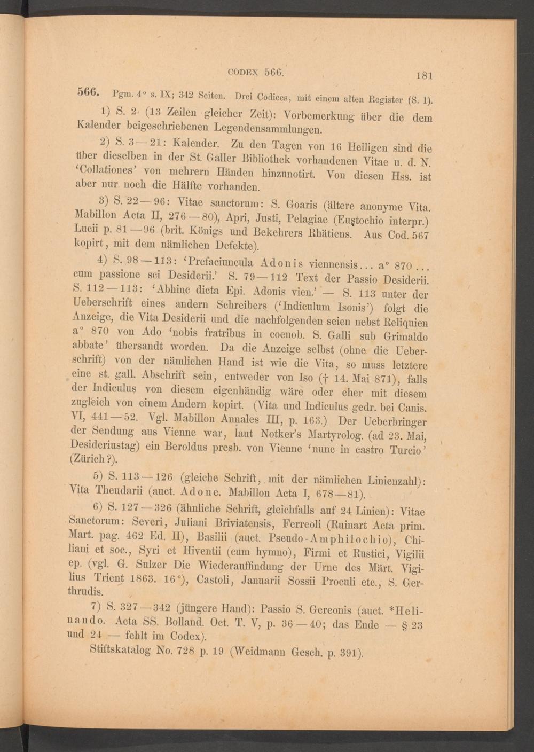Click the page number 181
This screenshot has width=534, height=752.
click(x=423, y=75)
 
